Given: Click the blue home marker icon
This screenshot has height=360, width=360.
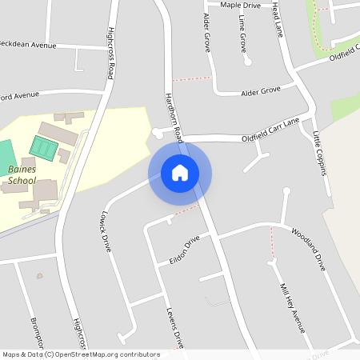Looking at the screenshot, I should pyautogui.click(x=180, y=173).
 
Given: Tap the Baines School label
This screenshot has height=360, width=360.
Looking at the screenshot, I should pyautogui.click(x=22, y=174).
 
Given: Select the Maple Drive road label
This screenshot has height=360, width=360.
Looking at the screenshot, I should pyautogui.click(x=240, y=5).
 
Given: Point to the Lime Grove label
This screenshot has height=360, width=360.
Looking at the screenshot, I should pyautogui.click(x=242, y=33).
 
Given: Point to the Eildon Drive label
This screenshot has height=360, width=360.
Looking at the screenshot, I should pyautogui.click(x=184, y=251).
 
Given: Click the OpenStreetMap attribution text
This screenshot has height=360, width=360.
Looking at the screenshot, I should pyautogui.click(x=81, y=354).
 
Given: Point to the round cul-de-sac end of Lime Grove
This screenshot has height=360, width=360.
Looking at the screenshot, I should pyautogui.click(x=248, y=62).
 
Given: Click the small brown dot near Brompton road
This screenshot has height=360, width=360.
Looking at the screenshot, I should pyautogui.click(x=39, y=276).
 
